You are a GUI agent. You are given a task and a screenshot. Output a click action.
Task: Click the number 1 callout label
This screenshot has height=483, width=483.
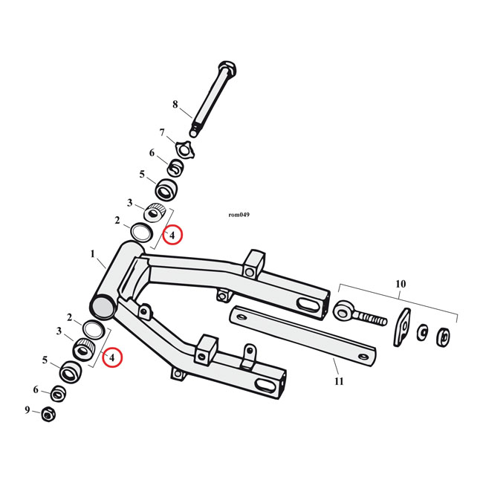93,254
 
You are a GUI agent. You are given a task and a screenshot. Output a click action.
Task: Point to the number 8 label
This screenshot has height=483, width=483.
175,105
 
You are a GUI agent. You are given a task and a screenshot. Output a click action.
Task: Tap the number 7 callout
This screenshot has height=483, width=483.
161,132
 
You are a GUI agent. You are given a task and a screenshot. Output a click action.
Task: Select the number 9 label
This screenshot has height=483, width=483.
27,409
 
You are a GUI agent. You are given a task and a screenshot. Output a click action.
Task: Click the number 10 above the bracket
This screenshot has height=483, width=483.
401,284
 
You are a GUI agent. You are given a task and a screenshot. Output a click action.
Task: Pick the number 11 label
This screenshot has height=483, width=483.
339,382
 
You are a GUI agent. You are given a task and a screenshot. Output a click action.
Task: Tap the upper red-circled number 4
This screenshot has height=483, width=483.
172,236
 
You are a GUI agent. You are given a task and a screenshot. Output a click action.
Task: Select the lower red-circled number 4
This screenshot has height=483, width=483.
111,358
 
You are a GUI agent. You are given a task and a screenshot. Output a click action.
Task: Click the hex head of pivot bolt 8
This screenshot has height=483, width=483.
227,70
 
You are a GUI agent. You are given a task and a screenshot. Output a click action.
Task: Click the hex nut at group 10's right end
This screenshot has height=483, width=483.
444,337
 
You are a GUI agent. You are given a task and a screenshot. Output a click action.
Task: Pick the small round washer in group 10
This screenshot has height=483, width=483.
423,332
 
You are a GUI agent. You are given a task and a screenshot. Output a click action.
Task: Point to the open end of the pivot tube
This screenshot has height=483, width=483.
103,305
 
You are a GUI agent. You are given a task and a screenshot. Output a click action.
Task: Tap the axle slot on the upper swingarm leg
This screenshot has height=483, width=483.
306,305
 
